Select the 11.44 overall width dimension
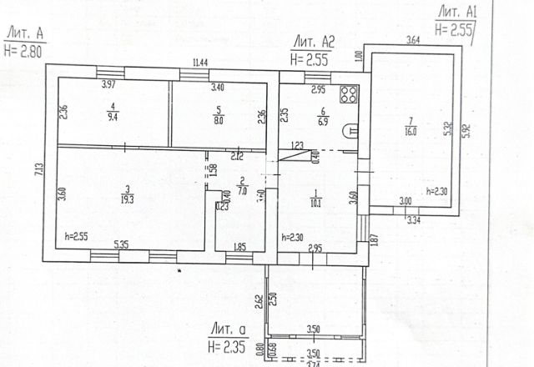click(x=200, y=63)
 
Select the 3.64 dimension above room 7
click(x=413, y=40)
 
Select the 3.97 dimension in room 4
click(x=108, y=85)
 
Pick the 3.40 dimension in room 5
click(x=217, y=86)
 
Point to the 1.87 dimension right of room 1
click(x=374, y=239)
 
